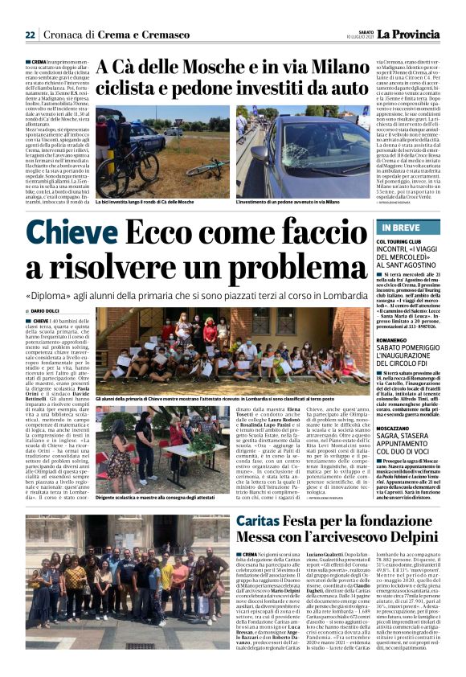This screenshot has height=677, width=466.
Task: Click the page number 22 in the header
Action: [30, 35]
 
